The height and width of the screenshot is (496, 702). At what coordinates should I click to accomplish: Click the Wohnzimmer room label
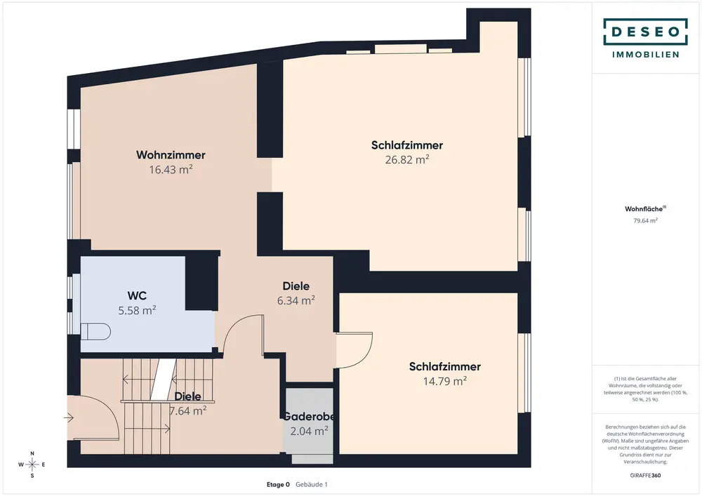pyautogui.click(x=171, y=155)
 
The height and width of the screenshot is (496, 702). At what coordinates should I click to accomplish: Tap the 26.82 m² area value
pyautogui.click(x=407, y=159)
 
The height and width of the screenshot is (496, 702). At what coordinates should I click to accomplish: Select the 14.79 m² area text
pyautogui.click(x=445, y=381)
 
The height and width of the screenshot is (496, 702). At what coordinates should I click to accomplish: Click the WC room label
pyautogui.click(x=137, y=295)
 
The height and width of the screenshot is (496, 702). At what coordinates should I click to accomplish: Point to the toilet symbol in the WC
pyautogui.click(x=95, y=331)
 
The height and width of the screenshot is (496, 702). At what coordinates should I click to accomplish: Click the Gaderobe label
pyautogui.click(x=309, y=417)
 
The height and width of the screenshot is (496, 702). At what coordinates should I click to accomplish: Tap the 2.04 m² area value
pyautogui.click(x=309, y=431)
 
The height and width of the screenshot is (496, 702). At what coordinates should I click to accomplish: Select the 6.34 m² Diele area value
pyautogui.click(x=296, y=300)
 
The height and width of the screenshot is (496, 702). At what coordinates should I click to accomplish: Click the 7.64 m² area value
pyautogui.click(x=187, y=410)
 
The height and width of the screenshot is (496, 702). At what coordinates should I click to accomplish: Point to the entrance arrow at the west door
pyautogui.click(x=69, y=417)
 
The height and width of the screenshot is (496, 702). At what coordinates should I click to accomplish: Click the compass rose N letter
pyautogui.click(x=32, y=453)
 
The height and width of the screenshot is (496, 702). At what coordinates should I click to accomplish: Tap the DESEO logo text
pyautogui.click(x=645, y=32)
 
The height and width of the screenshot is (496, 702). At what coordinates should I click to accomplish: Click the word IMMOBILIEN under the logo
pyautogui.click(x=645, y=55)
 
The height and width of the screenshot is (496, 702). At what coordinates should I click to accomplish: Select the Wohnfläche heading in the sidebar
pyautogui.click(x=644, y=209)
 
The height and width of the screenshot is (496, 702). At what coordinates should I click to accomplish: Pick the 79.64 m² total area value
pyautogui.click(x=645, y=220)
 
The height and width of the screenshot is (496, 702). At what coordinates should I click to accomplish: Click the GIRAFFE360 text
pyautogui.click(x=645, y=476)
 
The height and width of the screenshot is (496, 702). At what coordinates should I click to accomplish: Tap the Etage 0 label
pyautogui.click(x=278, y=484)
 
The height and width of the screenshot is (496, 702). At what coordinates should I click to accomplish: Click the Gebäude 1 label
pyautogui.click(x=312, y=484)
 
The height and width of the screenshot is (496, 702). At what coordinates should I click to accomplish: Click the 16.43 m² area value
pyautogui.click(x=171, y=169)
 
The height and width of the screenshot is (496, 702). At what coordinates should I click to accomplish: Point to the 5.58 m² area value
pyautogui.click(x=137, y=310)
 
